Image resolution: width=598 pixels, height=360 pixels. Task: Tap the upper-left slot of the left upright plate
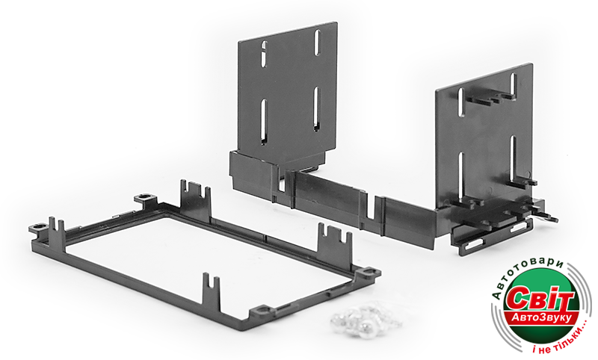point(264,54)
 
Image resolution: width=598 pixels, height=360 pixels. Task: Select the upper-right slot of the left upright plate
point(317,43)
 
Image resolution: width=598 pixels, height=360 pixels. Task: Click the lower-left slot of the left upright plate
point(264,122)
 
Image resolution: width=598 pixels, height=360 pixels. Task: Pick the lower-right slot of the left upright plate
point(316,109)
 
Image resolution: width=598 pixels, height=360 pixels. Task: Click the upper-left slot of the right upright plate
point(460,102)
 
